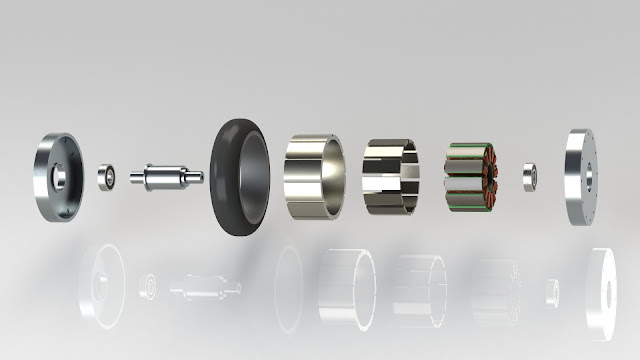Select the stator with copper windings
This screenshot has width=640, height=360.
tap(473, 178)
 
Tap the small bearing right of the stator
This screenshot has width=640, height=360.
tap(530, 177)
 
